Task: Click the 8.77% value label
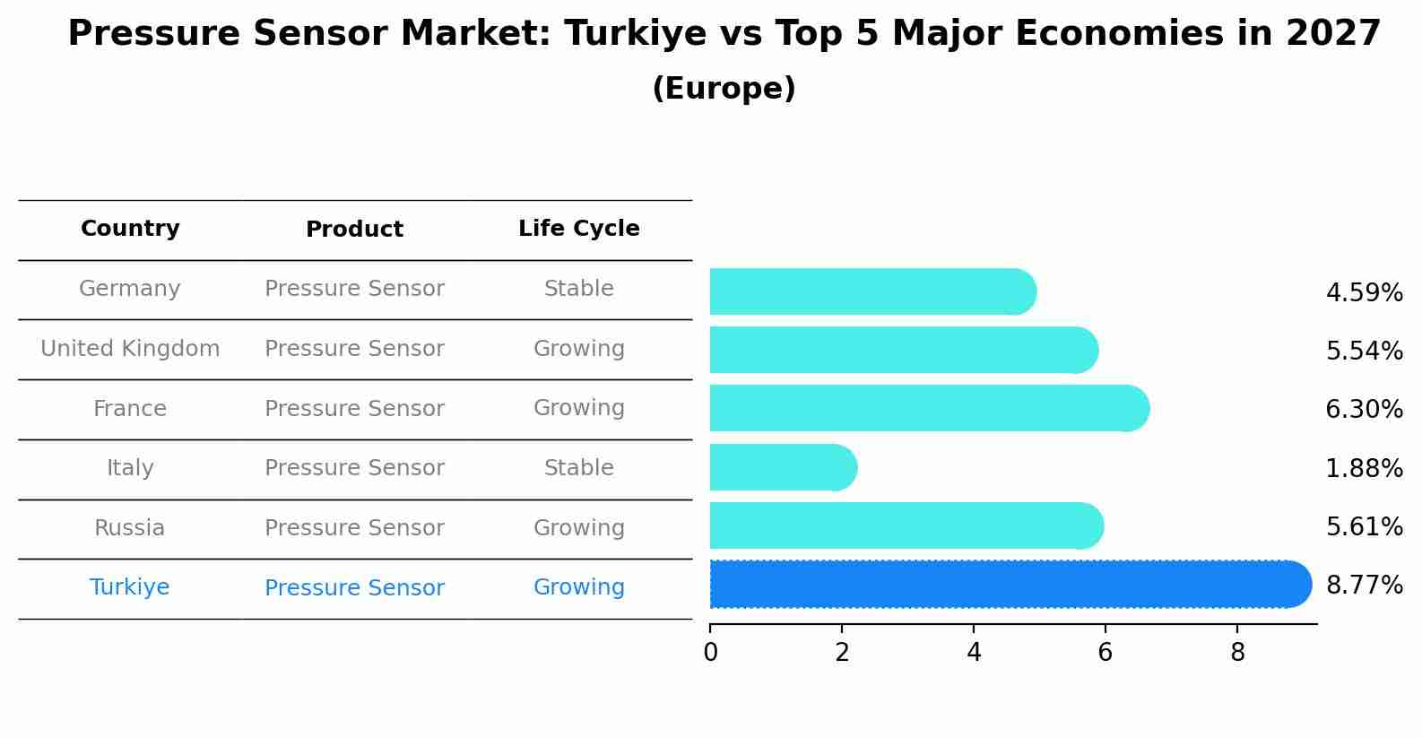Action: tap(1364, 586)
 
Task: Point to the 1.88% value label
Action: tap(1364, 468)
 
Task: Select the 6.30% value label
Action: tap(1364, 410)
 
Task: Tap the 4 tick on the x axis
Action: tap(974, 653)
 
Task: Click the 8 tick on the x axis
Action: tap(1237, 653)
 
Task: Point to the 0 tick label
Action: tap(710, 653)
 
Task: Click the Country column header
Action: tap(130, 229)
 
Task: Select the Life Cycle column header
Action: tap(579, 229)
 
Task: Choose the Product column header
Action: tap(354, 230)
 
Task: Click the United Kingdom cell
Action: tap(130, 349)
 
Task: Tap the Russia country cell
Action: tap(130, 528)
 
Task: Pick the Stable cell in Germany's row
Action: tap(579, 289)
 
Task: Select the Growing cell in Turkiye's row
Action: tap(579, 587)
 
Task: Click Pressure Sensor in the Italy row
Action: tap(354, 468)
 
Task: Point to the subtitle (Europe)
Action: tap(724, 89)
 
